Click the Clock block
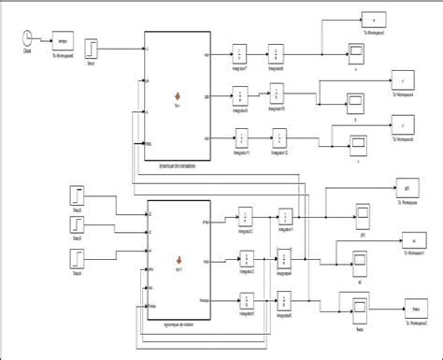coord(28,39)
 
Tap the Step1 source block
coord(93,48)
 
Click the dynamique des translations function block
coord(177,95)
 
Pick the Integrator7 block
coord(241,52)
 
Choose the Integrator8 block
coord(278,52)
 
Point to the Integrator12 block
coord(278,137)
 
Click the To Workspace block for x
coord(372,21)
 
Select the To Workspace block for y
coord(402,78)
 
